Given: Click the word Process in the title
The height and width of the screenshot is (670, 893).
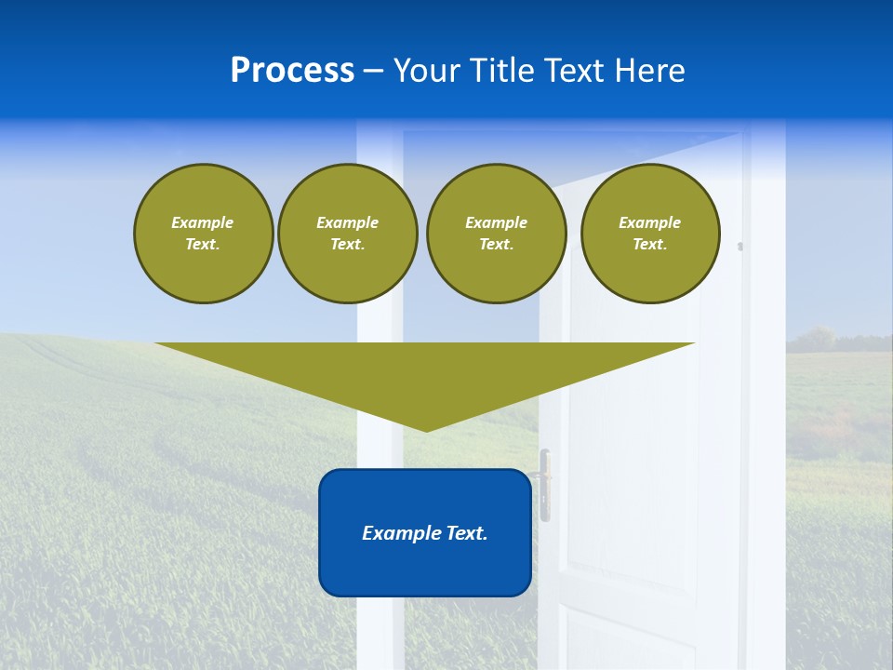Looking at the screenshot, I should (292, 71).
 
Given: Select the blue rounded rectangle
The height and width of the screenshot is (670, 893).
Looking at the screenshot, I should (425, 568).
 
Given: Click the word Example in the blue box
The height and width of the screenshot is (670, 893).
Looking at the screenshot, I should (400, 533).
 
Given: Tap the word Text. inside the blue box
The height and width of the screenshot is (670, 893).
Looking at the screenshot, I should (465, 533).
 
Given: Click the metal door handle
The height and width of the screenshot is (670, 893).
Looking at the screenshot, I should (545, 484).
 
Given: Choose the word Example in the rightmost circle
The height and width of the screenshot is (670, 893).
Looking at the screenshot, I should (650, 222).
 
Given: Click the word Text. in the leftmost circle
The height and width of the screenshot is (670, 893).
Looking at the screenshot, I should (203, 244).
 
